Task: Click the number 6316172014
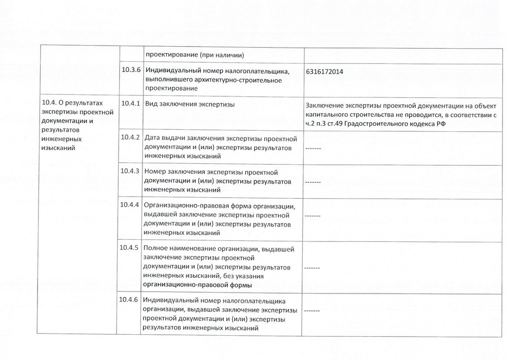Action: pos(324,72)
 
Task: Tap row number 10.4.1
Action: pos(130,103)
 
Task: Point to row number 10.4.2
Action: pos(130,137)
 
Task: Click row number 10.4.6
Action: pos(130,298)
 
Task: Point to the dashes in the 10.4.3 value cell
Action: pos(313,182)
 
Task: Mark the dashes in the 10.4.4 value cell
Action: pos(313,215)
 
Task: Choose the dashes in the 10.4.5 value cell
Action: pos(313,267)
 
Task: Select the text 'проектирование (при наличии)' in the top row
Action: pos(195,55)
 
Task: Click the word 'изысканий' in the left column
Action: pos(57,148)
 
